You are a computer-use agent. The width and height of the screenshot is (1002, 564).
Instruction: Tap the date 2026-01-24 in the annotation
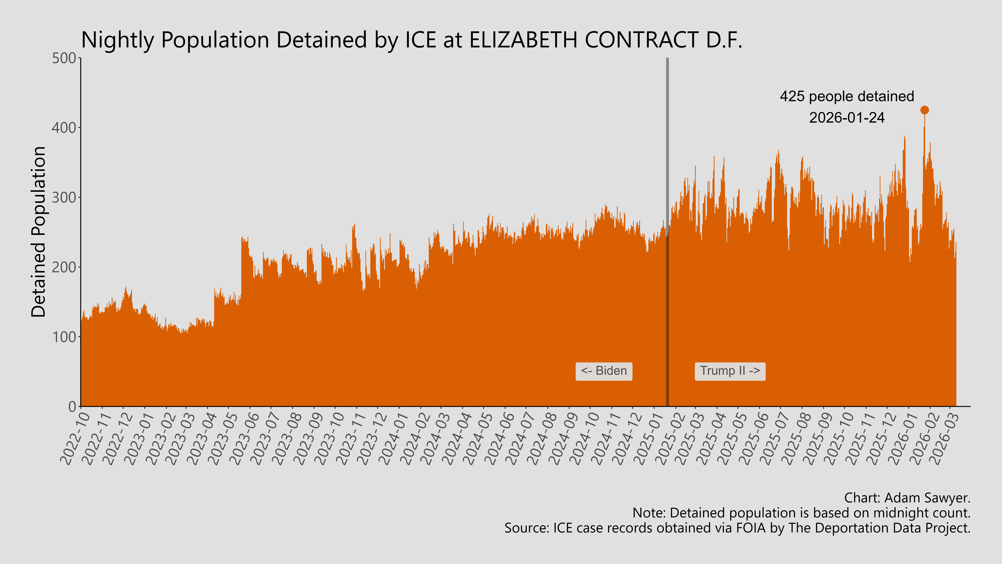pos(847,118)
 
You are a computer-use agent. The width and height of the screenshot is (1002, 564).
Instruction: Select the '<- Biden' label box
pos(604,371)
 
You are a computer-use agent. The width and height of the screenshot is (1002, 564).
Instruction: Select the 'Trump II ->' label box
pos(730,371)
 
